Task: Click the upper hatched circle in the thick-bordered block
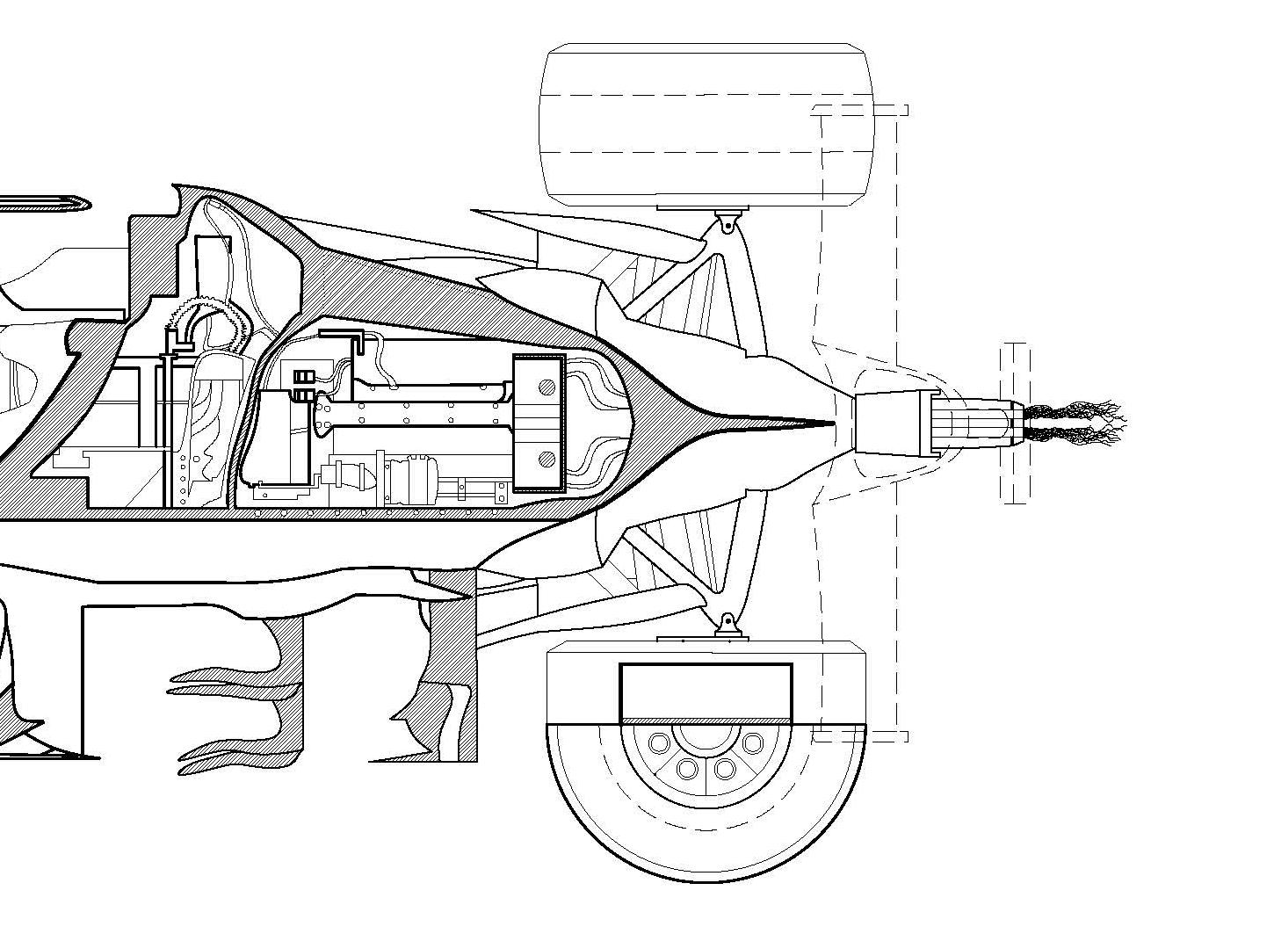[x=547, y=386]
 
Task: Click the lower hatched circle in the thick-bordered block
[x=547, y=458]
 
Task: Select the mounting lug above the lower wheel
[x=727, y=624]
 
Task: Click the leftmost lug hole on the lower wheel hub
[x=657, y=743]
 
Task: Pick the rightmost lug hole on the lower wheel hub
[x=752, y=743]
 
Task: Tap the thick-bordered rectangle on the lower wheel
[x=706, y=691]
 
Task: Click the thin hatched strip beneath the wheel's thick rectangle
[x=706, y=721]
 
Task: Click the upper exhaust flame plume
[x=1076, y=411]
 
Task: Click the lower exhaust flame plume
[x=1076, y=432]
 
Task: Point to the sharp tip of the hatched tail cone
[x=830, y=424]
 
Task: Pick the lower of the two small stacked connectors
[x=303, y=395]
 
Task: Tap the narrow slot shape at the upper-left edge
[x=44, y=205]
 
